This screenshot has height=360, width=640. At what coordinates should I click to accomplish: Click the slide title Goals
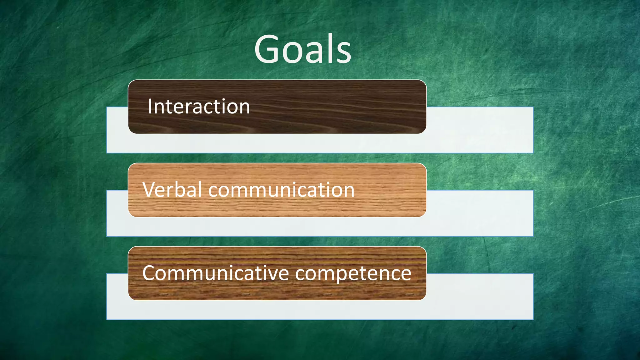(302, 49)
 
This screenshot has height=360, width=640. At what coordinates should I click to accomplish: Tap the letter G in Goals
(267, 49)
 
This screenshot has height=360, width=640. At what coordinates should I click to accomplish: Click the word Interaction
(199, 107)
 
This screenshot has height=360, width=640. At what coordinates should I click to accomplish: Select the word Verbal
(172, 190)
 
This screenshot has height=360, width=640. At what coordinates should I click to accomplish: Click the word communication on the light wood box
(281, 190)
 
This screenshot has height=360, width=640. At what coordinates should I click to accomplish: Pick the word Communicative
(216, 273)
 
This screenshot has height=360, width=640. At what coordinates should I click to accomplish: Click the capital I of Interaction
(150, 107)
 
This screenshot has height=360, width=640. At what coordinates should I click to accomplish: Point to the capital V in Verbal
(149, 190)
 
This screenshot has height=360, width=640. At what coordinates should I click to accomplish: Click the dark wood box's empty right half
(344, 107)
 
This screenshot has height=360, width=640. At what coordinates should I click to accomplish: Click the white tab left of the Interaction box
(117, 130)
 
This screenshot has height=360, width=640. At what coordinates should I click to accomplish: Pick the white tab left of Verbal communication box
(117, 213)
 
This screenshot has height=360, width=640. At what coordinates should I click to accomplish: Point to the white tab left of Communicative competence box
(117, 296)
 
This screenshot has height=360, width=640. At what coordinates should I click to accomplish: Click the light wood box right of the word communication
(391, 190)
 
